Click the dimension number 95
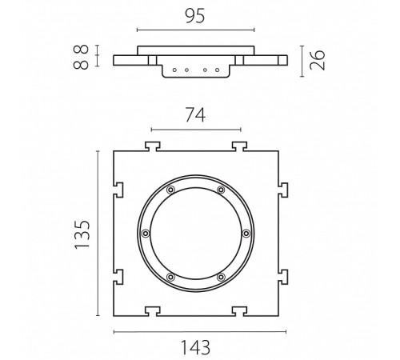195,16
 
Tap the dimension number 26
318,60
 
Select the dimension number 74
195,114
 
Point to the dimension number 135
82,234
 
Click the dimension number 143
195,347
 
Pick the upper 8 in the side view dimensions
81,50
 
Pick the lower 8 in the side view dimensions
81,65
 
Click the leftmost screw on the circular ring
146,234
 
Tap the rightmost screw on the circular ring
246,234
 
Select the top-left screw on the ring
170,190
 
